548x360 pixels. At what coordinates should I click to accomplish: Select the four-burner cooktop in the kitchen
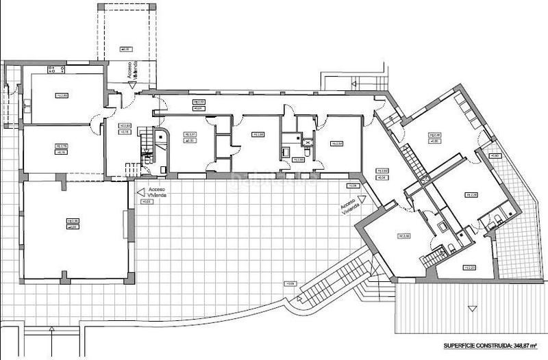52,70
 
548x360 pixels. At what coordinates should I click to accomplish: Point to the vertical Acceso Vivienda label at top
132,73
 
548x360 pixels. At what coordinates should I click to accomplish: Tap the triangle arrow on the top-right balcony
353,83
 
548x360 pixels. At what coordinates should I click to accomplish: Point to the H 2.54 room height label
336,144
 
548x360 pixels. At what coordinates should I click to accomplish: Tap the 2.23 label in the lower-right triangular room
469,267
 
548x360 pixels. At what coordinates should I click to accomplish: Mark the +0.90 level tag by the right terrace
495,156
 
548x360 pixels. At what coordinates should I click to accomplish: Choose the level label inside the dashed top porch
125,49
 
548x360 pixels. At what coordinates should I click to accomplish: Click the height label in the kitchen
62,96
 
